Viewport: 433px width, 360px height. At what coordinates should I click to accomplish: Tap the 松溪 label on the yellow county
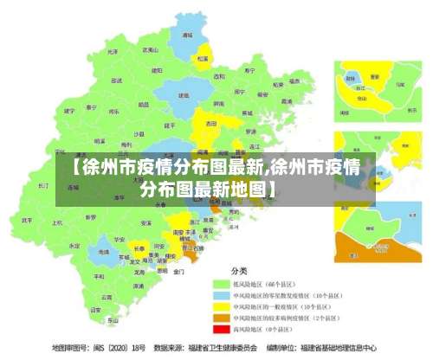click(x=203, y=59)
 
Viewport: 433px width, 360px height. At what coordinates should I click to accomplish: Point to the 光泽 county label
click(x=112, y=51)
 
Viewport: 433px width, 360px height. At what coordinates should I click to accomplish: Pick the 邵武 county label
click(x=109, y=76)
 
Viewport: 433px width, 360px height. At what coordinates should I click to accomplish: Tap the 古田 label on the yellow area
click(x=210, y=124)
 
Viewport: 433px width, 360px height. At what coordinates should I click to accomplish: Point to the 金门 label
click(x=178, y=271)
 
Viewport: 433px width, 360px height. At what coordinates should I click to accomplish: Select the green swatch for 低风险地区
click(x=220, y=284)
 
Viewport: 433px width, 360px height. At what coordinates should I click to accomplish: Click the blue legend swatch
click(x=220, y=295)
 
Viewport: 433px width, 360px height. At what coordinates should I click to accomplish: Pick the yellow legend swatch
click(x=220, y=306)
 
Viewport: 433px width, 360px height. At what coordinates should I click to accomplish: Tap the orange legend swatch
click(x=220, y=318)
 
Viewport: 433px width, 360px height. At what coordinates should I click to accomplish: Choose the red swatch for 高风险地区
click(x=220, y=329)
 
